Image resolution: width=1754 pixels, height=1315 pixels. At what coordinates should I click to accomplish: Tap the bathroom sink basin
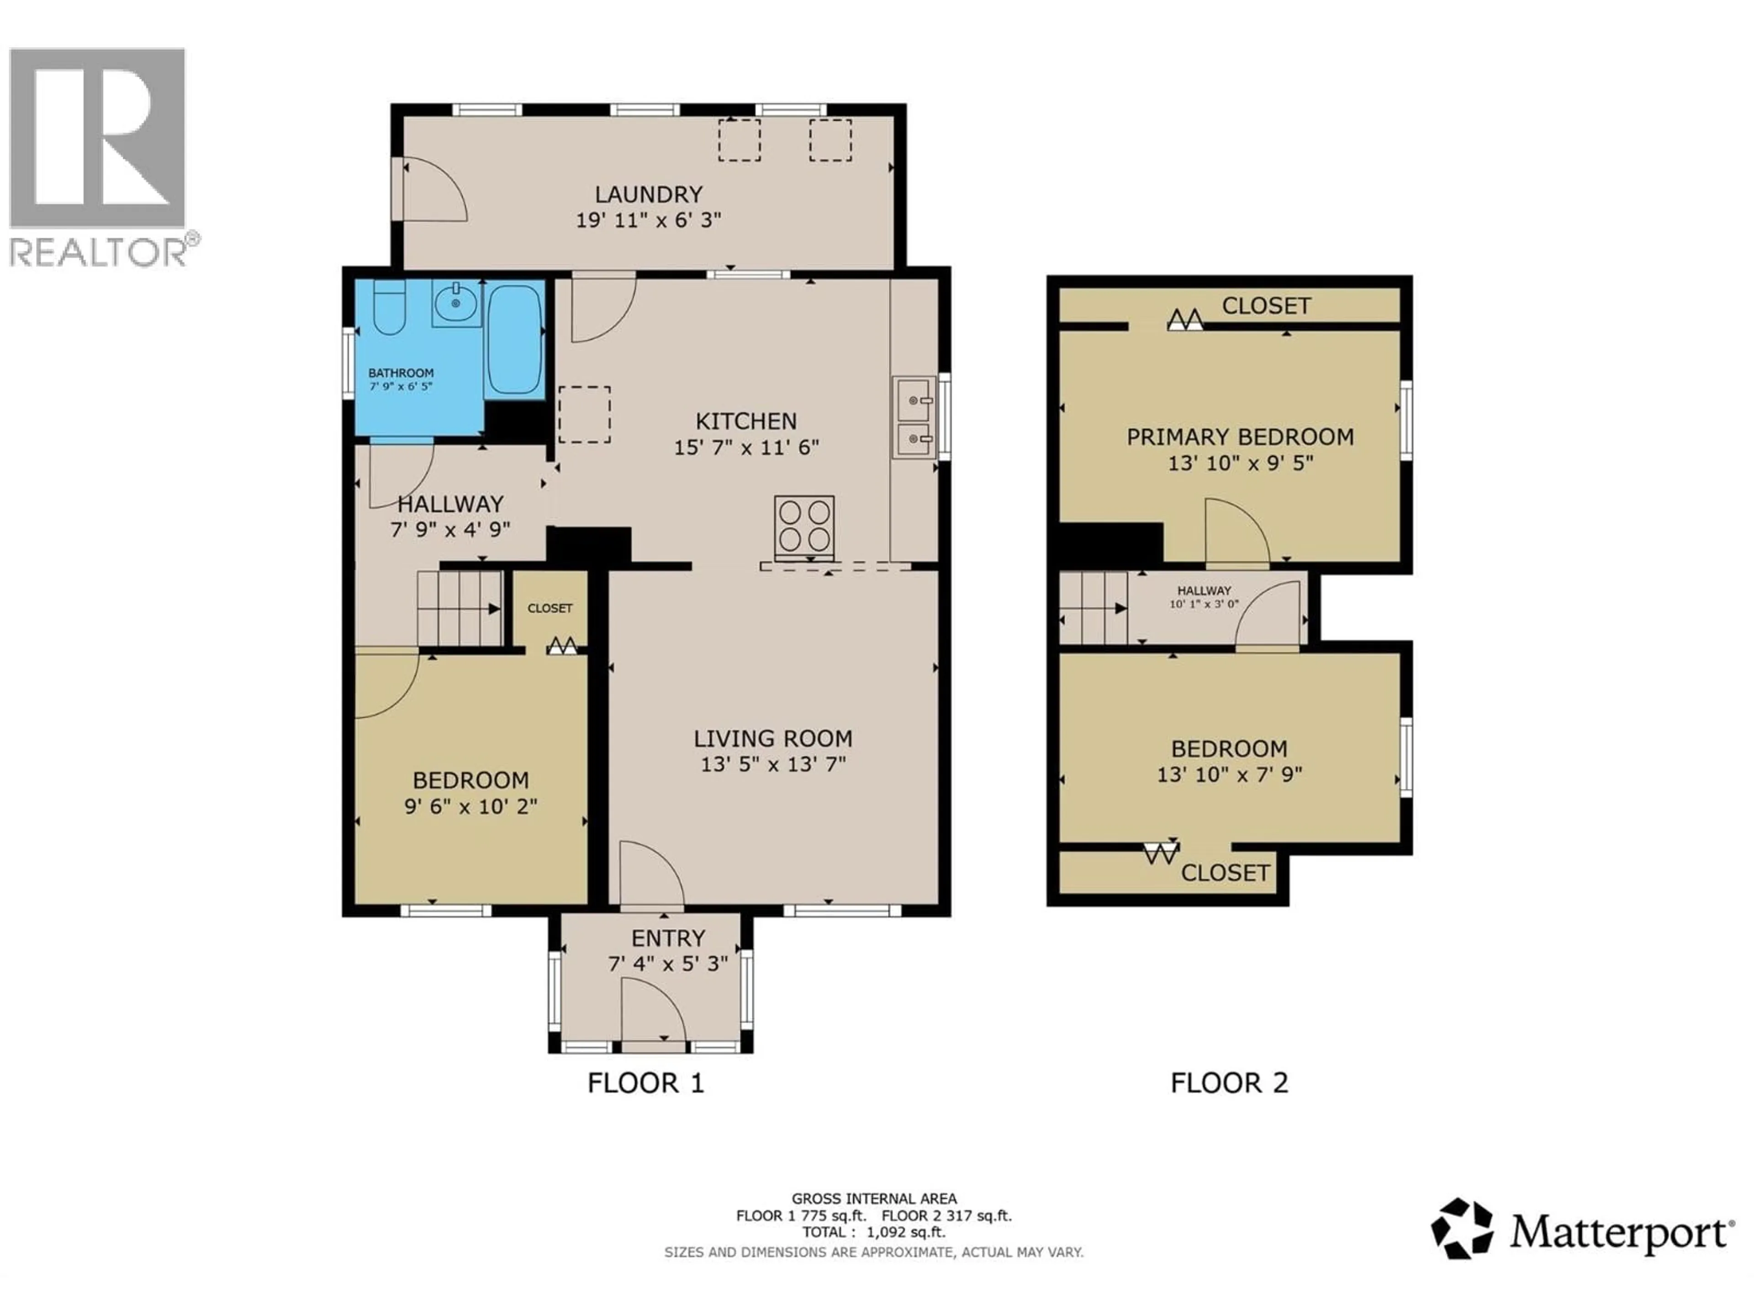456,303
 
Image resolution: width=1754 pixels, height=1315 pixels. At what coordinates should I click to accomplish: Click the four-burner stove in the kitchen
804,524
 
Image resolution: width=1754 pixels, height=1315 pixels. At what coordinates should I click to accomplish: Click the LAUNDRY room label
649,194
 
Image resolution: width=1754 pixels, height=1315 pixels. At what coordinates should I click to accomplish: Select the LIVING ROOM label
773,739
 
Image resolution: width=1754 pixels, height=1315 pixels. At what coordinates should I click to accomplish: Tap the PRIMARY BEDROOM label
1240,437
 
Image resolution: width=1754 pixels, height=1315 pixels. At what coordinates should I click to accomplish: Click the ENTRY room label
668,938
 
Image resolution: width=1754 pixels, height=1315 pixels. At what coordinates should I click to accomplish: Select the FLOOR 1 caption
645,1083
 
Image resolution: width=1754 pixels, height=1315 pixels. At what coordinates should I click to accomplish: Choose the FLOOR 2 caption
1229,1083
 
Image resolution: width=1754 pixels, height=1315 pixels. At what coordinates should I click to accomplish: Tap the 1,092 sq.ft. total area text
905,1232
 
